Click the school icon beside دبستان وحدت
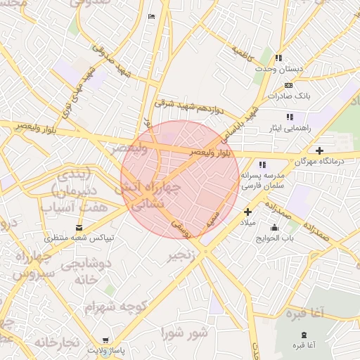[279, 58]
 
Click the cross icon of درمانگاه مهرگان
[320, 150]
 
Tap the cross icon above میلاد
[247, 212]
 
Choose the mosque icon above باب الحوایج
[274, 227]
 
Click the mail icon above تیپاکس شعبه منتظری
[79, 228]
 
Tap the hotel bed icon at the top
[152, 16]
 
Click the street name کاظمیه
[241, 52]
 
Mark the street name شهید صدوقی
[112, 62]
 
